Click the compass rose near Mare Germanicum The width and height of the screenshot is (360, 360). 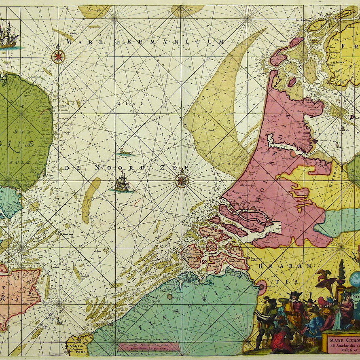click(x=59, y=56)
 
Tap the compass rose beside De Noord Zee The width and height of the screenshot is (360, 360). click(x=182, y=180)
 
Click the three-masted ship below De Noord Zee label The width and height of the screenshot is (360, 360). click(x=122, y=182)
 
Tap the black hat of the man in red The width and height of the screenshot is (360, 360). click(x=294, y=293)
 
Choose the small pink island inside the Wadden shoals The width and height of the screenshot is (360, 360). click(x=292, y=82)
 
